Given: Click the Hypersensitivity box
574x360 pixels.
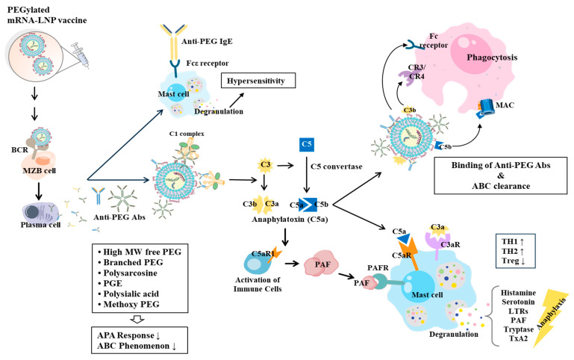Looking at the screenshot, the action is (x=258, y=81).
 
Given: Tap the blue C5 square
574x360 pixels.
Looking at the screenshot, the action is (x=307, y=145).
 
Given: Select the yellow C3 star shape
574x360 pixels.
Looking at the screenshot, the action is (x=266, y=165).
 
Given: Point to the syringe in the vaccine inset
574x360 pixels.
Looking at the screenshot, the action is (x=81, y=55).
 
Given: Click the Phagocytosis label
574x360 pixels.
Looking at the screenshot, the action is (x=492, y=57).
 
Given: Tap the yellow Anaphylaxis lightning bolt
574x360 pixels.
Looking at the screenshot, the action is (x=551, y=317).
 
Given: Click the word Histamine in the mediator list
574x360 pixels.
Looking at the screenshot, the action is (x=518, y=293).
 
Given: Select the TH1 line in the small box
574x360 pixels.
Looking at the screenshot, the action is (x=513, y=241).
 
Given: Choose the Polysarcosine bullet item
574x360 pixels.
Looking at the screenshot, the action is (x=127, y=273).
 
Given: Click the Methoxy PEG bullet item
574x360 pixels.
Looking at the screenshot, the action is (x=128, y=304).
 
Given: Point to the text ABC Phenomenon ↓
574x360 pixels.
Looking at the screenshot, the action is (x=137, y=346).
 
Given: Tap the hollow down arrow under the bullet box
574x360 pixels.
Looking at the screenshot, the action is (x=137, y=320).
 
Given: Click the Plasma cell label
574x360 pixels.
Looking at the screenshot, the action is (x=40, y=225).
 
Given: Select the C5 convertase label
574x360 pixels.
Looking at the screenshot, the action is (x=337, y=167).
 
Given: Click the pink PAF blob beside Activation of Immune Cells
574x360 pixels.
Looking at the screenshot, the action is (x=322, y=263).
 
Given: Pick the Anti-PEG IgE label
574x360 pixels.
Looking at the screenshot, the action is (x=207, y=41).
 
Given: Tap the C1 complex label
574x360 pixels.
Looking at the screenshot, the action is (x=187, y=134).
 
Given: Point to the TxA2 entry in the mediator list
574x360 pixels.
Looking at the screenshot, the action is (x=518, y=338).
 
